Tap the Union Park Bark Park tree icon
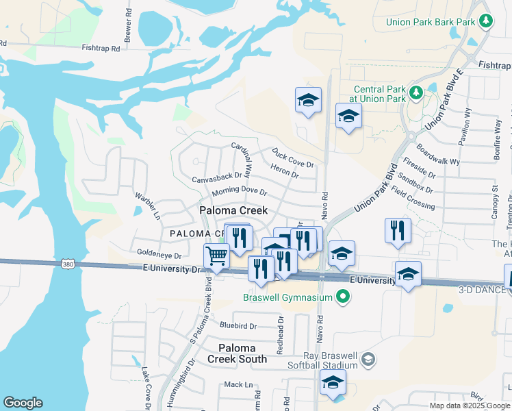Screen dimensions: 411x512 (x=486, y=21)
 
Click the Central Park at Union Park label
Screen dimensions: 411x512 (x=380, y=95)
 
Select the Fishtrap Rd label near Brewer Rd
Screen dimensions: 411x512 (x=101, y=49)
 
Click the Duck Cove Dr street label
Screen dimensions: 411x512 (x=292, y=160)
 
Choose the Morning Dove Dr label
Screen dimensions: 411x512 (x=238, y=191)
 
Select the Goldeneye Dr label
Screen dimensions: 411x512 (x=159, y=255)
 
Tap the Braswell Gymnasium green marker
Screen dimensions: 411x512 (x=344, y=297)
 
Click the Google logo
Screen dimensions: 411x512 (x=23, y=403)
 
